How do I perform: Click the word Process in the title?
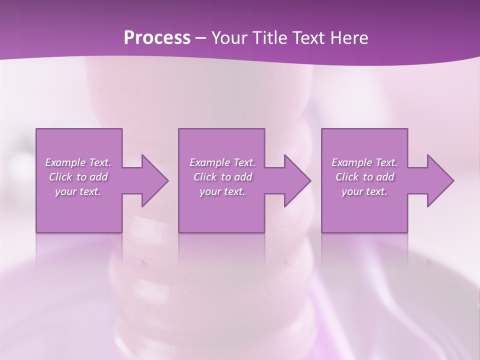click(157, 38)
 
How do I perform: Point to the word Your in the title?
click(229, 38)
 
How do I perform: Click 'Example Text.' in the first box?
click(78, 162)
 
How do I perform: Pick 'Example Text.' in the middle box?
click(222, 162)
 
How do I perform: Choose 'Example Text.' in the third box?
click(364, 162)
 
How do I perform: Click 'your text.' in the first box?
click(78, 191)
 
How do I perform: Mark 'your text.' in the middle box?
click(222, 191)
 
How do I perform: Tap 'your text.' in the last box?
click(364, 191)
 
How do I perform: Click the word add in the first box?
click(99, 177)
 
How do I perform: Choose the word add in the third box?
click(385, 177)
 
